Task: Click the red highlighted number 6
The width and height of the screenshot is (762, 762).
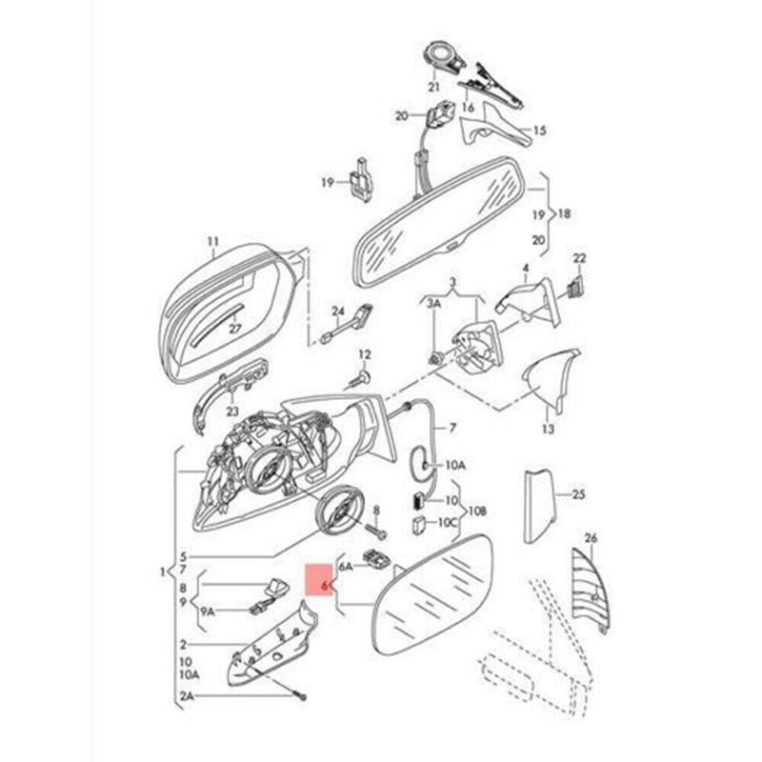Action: [324, 586]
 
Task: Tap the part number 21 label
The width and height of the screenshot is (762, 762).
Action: [433, 87]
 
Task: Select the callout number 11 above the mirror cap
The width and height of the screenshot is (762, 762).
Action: [212, 241]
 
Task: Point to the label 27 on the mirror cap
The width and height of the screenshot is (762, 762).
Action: [235, 329]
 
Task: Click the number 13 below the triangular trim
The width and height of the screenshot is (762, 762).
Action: [548, 429]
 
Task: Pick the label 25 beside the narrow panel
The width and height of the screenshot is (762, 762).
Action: [578, 494]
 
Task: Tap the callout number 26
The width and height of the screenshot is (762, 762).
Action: [591, 538]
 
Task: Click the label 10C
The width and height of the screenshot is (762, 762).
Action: [448, 522]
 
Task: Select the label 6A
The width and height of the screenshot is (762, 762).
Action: [346, 566]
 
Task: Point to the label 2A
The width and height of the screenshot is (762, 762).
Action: [187, 696]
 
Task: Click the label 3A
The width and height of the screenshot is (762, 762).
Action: [433, 304]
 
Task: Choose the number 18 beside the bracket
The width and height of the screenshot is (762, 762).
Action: [564, 213]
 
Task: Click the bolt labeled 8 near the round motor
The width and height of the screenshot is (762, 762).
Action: [377, 531]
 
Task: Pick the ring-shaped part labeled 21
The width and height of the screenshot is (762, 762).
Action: [445, 56]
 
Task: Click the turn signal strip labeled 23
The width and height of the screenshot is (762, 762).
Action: [230, 391]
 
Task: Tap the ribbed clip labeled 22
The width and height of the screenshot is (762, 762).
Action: [575, 286]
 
